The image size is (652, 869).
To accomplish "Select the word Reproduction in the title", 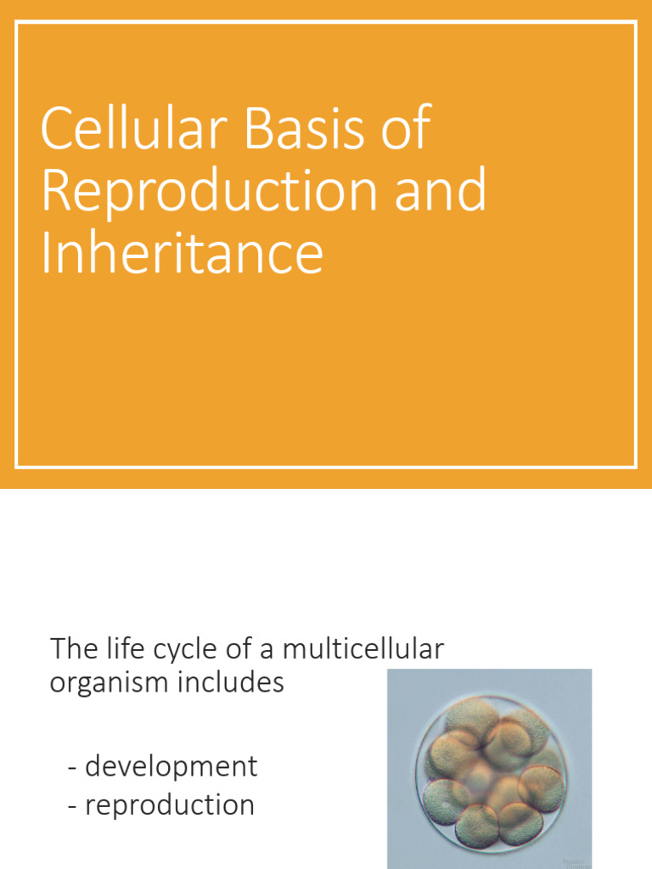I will (x=208, y=190).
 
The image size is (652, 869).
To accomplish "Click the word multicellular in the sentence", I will (x=363, y=650).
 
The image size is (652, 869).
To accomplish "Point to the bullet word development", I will (x=171, y=766).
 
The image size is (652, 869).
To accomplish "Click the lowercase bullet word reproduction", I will (x=170, y=805).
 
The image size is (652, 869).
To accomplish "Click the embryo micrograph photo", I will (x=489, y=768).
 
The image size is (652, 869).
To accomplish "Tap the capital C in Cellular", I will (x=56, y=129).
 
